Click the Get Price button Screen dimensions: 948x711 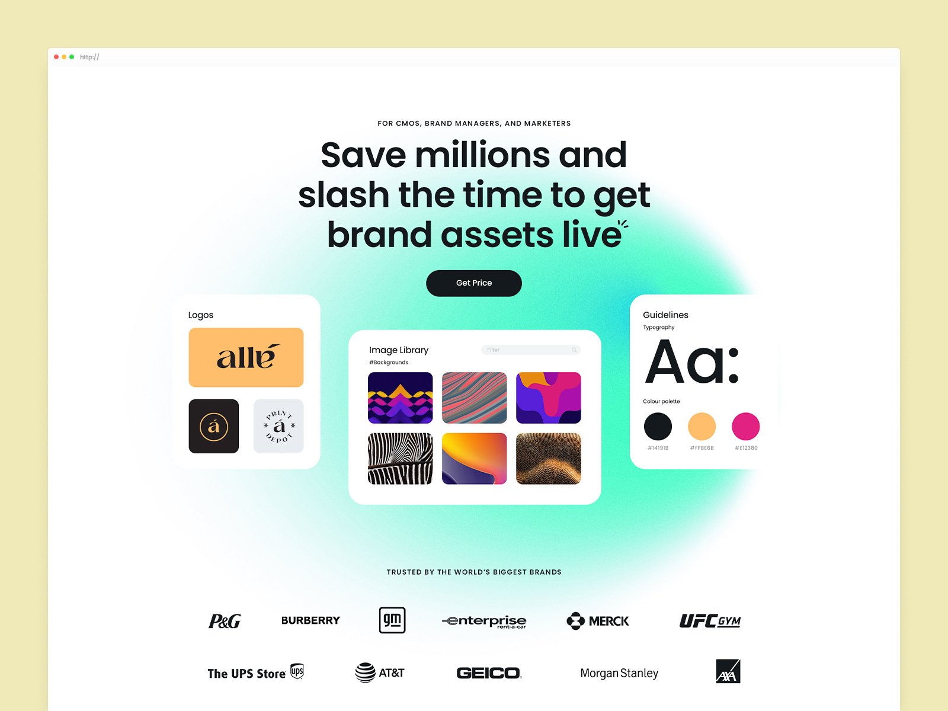click(474, 283)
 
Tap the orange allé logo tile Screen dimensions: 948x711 click(246, 357)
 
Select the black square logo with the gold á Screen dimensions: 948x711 click(214, 426)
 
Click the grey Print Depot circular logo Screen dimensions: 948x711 click(278, 426)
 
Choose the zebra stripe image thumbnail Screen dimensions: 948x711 click(400, 459)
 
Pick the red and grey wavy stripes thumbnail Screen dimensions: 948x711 click(474, 398)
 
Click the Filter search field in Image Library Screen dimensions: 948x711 click(531, 350)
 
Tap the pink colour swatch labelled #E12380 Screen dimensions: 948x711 click(745, 426)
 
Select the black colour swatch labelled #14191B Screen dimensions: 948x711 click(658, 426)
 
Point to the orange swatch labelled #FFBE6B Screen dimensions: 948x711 click(702, 426)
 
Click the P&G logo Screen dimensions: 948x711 click(225, 621)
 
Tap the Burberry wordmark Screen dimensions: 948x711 click(310, 620)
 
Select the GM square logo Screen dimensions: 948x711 click(392, 620)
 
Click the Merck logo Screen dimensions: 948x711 click(598, 621)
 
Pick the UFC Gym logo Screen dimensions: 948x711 click(710, 621)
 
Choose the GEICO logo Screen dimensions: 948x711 click(489, 673)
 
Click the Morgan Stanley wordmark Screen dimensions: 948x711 click(619, 673)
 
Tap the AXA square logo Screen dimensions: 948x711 click(728, 671)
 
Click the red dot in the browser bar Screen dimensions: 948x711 click(56, 57)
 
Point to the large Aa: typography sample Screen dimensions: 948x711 click(691, 362)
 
